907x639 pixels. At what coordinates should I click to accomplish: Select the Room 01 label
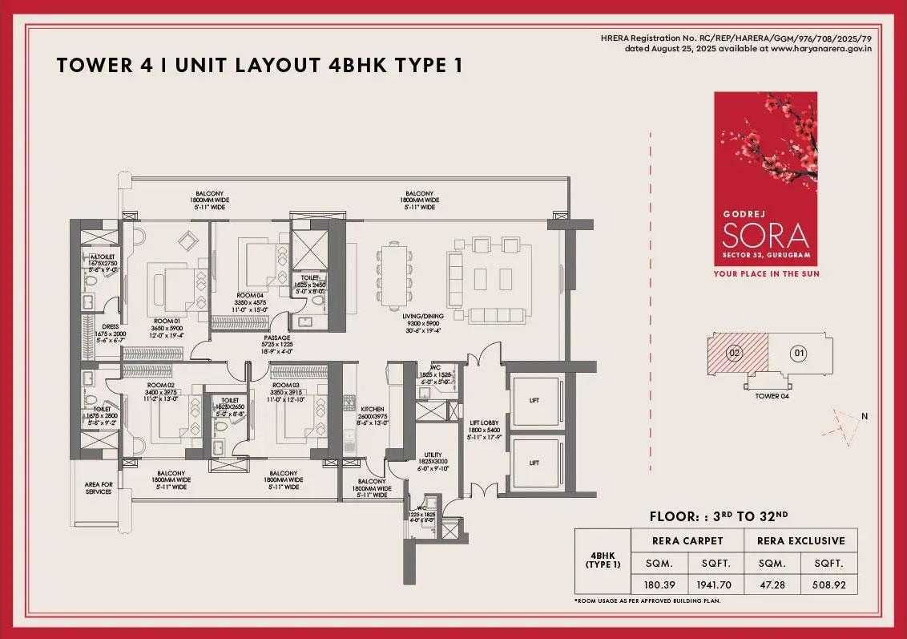169,320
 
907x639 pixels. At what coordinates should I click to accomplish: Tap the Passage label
277,338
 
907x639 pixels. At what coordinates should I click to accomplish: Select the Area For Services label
99,488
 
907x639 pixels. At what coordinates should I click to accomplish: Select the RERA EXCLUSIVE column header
800,540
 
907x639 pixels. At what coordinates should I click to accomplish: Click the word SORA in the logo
765,236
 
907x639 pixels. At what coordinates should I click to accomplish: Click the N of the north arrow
865,416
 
